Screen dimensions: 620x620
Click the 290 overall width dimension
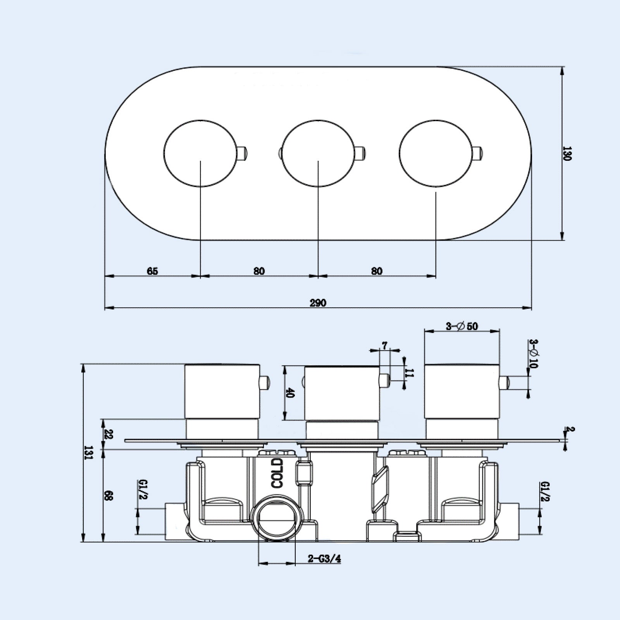(318, 303)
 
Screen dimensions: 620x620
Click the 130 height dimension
(567, 153)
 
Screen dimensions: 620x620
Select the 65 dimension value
(152, 271)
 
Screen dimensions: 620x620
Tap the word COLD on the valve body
(277, 473)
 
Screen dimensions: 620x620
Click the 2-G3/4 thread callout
(324, 559)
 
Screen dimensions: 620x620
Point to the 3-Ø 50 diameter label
(462, 326)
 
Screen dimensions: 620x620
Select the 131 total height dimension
(89, 451)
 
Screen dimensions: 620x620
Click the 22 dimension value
(108, 434)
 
